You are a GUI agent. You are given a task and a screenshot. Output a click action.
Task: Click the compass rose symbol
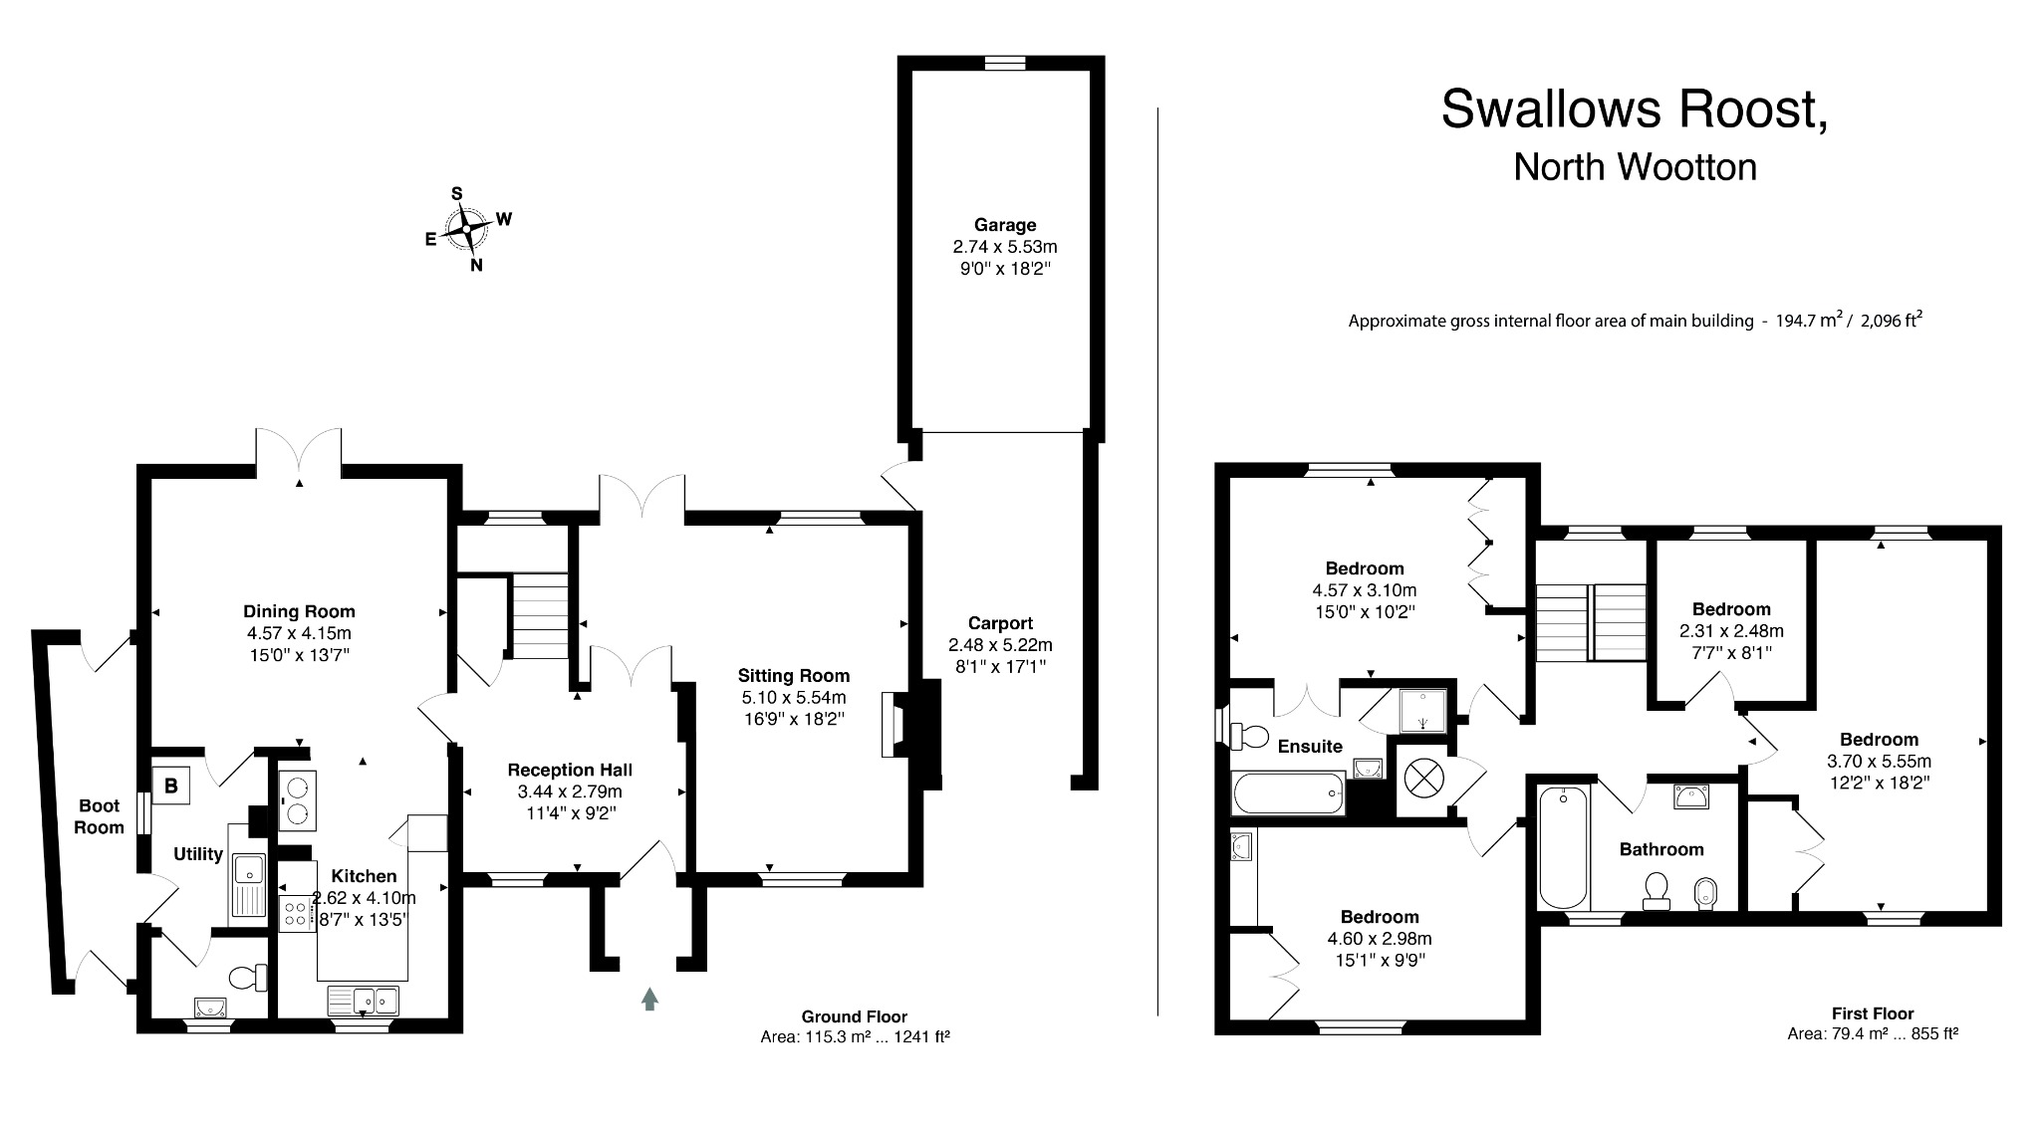pyautogui.click(x=467, y=229)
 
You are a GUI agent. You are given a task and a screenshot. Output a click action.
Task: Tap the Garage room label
pyautogui.click(x=1005, y=225)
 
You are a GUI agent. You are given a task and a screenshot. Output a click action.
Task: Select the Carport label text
pyautogui.click(x=1000, y=623)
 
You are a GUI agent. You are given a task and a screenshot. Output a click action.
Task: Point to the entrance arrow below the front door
pyautogui.click(x=649, y=999)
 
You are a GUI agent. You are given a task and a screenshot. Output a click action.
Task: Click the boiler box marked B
pyautogui.click(x=170, y=785)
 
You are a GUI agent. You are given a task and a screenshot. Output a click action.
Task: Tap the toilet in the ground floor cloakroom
pyautogui.click(x=249, y=978)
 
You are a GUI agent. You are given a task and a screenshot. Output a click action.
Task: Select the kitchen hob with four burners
pyautogui.click(x=296, y=913)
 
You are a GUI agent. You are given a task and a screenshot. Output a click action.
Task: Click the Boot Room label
pyautogui.click(x=100, y=816)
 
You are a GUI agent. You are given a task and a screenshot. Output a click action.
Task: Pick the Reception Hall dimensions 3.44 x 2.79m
pyautogui.click(x=570, y=791)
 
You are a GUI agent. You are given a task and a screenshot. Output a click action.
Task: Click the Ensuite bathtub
pyautogui.click(x=1288, y=793)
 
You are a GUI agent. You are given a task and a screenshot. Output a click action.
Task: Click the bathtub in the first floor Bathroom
pyautogui.click(x=1562, y=847)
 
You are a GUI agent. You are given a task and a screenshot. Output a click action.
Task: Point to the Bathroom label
pyautogui.click(x=1661, y=849)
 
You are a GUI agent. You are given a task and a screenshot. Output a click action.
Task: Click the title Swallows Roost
pyautogui.click(x=1635, y=109)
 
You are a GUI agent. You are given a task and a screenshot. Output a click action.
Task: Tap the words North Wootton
pyautogui.click(x=1635, y=166)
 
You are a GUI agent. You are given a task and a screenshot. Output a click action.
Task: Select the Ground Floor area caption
pyautogui.click(x=855, y=1026)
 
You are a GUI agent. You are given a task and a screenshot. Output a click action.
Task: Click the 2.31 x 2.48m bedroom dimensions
pyautogui.click(x=1731, y=631)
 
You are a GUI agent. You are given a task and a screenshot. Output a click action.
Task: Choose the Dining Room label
pyautogui.click(x=299, y=611)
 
